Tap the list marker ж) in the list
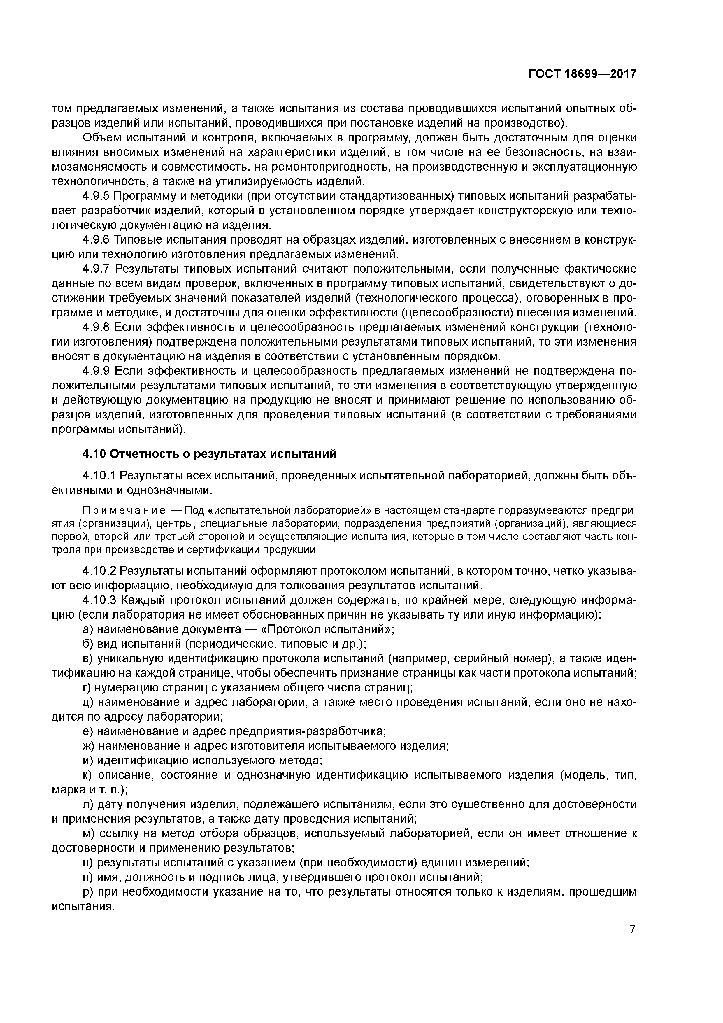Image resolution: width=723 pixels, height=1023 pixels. coord(89,745)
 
